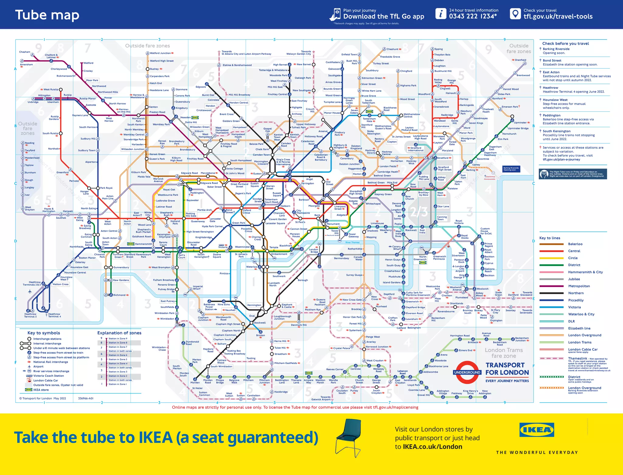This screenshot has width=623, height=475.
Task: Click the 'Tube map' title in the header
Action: point(47,15)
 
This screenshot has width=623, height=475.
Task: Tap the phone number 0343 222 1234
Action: point(473,16)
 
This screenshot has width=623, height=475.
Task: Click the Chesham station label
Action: point(25,52)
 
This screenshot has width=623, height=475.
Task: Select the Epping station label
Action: point(439,49)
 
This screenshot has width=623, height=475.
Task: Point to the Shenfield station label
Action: point(520,60)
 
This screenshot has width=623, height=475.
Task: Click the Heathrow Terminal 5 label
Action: point(30,315)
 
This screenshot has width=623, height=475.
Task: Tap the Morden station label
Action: point(195,382)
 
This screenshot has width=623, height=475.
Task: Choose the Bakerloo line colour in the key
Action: point(551,244)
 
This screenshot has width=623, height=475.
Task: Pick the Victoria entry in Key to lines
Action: point(574,307)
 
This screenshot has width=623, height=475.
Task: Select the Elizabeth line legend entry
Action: point(579,328)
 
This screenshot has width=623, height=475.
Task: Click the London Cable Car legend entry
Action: point(583,349)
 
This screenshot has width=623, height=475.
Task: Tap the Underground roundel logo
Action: point(467,372)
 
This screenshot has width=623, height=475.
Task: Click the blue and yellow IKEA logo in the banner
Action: point(537,430)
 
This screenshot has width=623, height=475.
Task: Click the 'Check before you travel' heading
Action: point(566,44)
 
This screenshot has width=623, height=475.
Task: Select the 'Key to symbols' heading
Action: point(44,333)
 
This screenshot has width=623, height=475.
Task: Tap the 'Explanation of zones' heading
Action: point(119,333)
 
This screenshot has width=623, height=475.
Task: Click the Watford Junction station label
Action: point(160,53)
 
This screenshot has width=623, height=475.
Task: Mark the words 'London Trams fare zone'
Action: point(503,353)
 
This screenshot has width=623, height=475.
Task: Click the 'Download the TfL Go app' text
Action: point(384,17)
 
